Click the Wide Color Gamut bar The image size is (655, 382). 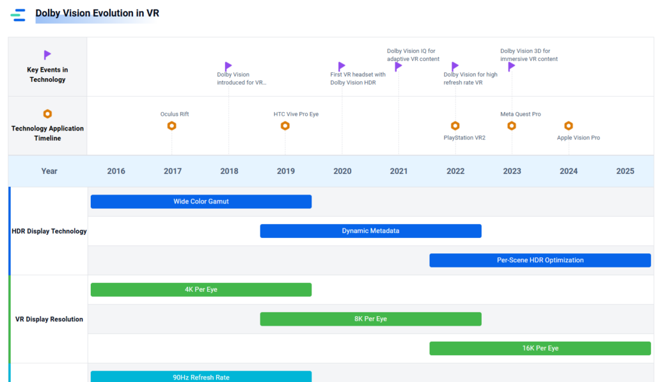click(x=201, y=202)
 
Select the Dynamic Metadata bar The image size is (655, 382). click(x=370, y=231)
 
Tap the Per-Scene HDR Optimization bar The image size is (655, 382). click(x=540, y=260)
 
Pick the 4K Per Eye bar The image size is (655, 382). click(x=201, y=290)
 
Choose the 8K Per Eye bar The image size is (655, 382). click(x=370, y=319)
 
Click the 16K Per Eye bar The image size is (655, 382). click(x=540, y=348)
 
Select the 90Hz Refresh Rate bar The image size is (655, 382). click(x=201, y=377)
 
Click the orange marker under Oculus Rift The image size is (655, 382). click(x=171, y=126)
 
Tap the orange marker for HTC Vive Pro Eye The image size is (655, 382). click(x=285, y=126)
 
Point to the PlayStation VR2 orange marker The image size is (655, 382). click(x=455, y=126)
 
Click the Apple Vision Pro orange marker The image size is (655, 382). click(x=569, y=126)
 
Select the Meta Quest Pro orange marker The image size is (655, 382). click(x=512, y=126)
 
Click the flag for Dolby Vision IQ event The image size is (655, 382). click(x=398, y=67)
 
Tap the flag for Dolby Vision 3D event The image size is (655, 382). click(x=511, y=67)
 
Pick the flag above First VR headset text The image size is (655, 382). click(x=342, y=67)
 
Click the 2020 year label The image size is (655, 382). click(x=342, y=171)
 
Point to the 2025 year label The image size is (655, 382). click(x=625, y=171)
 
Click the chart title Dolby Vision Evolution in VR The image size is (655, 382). click(x=97, y=13)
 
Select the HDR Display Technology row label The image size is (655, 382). click(x=49, y=231)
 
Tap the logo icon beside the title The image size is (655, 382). click(x=18, y=15)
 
